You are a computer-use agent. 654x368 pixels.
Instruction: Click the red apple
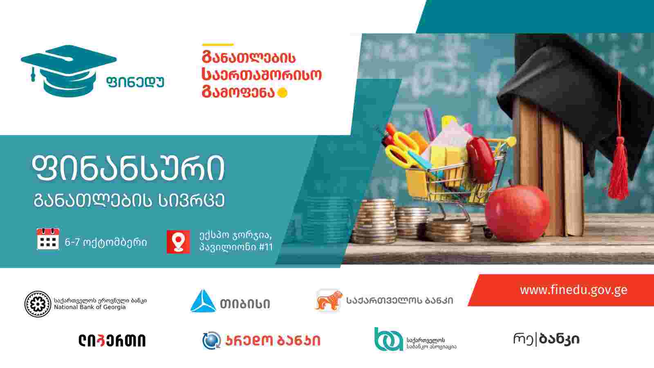[517, 214]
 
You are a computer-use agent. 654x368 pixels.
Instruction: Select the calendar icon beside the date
[48, 239]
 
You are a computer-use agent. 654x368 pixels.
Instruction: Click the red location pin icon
[178, 242]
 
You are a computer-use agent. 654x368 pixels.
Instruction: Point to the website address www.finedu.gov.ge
[573, 290]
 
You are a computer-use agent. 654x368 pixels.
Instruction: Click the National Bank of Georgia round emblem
[38, 304]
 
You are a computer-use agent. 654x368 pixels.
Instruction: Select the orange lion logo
[329, 301]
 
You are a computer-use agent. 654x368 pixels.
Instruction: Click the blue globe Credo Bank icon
[211, 340]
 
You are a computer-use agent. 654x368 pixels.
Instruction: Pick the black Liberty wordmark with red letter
[112, 341]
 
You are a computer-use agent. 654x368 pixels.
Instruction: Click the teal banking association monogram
[389, 339]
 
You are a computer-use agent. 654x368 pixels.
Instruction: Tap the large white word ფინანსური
[128, 168]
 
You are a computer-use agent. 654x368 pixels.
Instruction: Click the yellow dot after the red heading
[282, 93]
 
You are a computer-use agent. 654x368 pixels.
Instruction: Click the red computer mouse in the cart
[480, 159]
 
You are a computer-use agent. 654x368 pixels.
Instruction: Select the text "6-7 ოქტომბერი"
[106, 242]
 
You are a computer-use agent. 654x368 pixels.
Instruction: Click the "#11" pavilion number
[266, 247]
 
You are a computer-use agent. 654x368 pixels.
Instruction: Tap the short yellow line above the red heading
[218, 45]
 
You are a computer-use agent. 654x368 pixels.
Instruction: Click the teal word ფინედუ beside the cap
[135, 82]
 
